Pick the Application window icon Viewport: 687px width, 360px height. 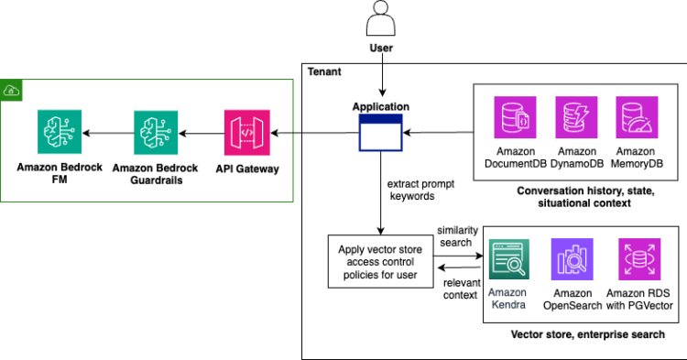[380, 135]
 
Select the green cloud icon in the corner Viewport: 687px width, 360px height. [11, 89]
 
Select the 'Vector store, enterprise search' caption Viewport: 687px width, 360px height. [586, 334]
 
